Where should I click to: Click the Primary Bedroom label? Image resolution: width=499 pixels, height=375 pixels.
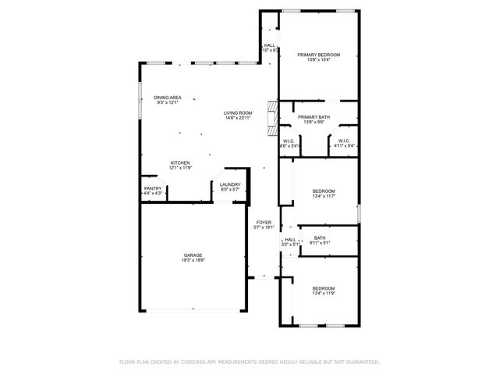point(319,55)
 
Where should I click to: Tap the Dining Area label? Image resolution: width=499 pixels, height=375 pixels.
point(168,97)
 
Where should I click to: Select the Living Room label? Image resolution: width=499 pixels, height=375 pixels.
point(239,112)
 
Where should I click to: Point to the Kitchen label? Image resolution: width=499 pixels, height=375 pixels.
point(180,162)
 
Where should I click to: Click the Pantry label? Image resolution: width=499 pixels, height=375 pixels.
point(153,188)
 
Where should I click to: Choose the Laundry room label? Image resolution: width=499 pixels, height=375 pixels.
point(230,184)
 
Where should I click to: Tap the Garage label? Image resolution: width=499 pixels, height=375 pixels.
point(193,255)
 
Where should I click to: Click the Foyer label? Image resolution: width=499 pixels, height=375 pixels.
point(264,223)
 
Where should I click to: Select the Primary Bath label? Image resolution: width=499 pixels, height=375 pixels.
point(313,117)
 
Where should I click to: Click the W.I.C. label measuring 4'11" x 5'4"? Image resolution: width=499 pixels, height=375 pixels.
point(345,141)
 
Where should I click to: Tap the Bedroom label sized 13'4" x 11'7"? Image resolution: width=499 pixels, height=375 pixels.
point(324,191)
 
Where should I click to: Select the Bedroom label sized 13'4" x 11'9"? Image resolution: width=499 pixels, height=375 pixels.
point(324,288)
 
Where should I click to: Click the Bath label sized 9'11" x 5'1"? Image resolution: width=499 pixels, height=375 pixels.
point(320,238)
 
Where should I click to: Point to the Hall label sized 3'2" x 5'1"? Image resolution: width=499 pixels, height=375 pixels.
point(290,240)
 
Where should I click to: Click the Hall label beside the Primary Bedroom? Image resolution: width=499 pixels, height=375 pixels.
point(269,45)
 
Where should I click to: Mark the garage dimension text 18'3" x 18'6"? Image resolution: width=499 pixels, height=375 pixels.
point(193,260)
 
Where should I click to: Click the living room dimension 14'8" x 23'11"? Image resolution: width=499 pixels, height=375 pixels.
point(239,118)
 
